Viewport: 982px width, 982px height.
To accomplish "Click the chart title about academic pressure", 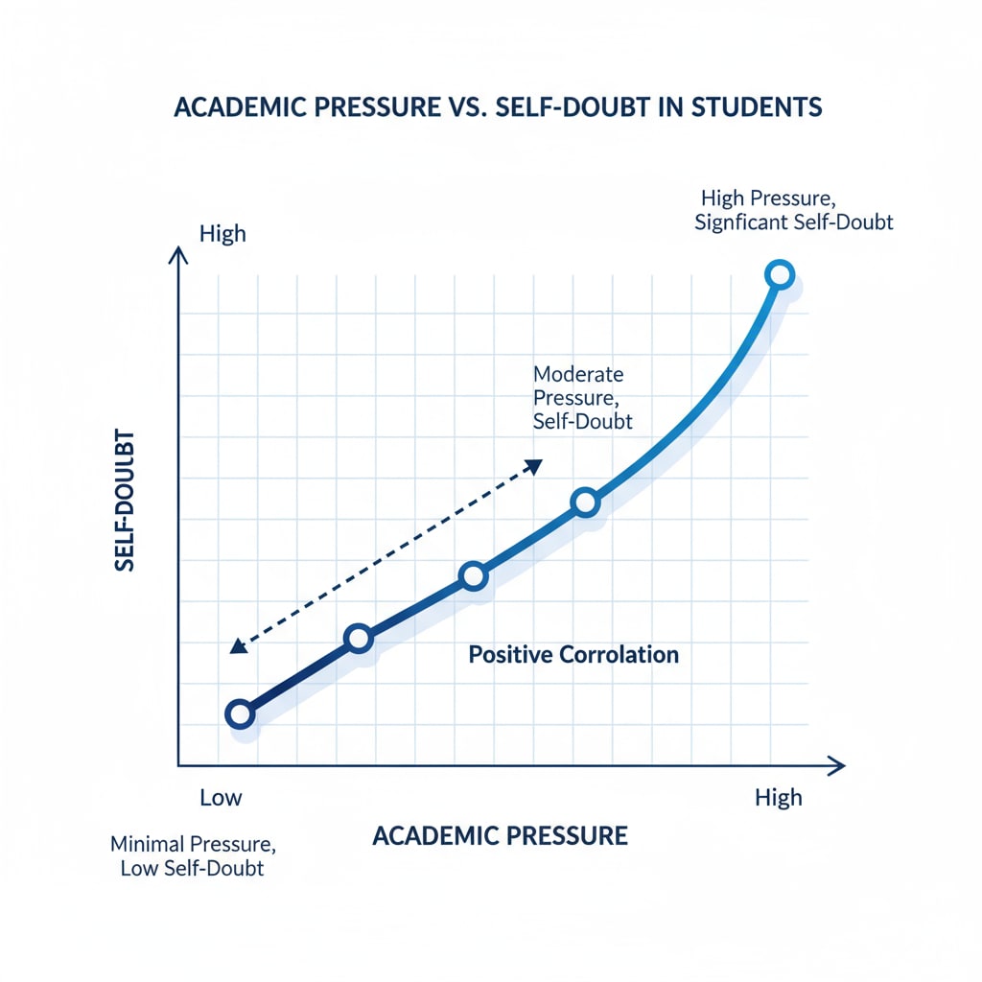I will click(498, 106).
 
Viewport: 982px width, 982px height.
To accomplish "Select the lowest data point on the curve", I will click(240, 714).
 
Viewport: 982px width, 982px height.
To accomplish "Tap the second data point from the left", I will click(358, 638).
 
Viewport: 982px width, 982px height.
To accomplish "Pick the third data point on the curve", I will click(473, 575).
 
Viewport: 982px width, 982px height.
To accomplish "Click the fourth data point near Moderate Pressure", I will click(585, 502).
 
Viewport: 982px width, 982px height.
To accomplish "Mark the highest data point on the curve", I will click(781, 274).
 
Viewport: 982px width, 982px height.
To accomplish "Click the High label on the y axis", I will click(222, 234).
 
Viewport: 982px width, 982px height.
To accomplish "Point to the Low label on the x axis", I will click(221, 797).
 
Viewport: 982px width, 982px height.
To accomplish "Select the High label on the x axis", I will click(778, 797).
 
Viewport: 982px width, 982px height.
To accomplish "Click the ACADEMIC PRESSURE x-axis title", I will click(500, 835).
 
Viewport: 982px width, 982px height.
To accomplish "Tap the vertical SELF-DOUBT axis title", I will click(125, 506).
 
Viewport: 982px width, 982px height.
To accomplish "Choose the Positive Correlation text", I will click(573, 655).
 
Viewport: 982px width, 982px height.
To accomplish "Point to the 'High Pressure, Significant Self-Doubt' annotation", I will click(797, 210).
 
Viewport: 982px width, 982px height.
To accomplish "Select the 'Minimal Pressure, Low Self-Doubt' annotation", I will click(193, 857).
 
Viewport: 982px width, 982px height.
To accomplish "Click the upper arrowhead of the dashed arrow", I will click(534, 465).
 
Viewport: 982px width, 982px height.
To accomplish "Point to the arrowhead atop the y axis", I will click(178, 253).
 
